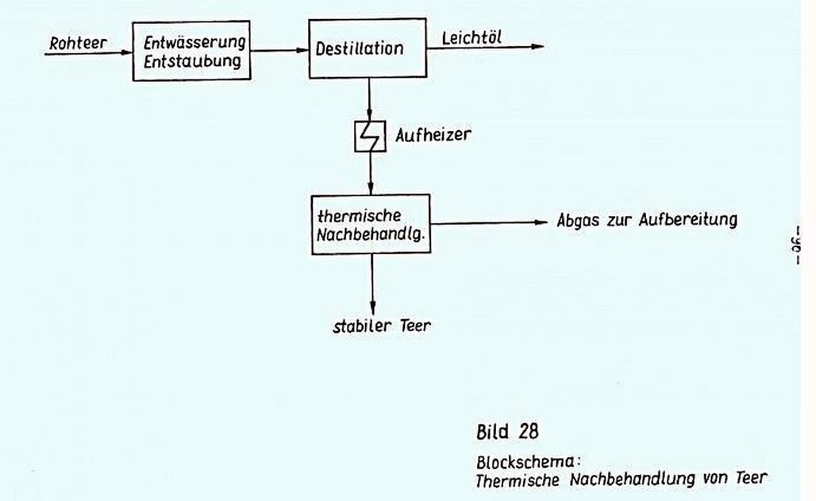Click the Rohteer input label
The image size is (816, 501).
(77, 44)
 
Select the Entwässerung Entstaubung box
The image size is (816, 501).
(191, 52)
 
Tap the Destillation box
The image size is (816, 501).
(367, 48)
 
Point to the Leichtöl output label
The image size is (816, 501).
(471, 36)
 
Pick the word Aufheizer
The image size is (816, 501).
(433, 135)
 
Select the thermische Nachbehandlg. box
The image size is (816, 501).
(370, 224)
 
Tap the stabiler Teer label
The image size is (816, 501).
(382, 326)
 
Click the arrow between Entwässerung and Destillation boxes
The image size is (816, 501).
(279, 51)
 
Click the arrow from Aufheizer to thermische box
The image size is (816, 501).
(370, 173)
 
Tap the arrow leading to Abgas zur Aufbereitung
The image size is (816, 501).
(489, 223)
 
